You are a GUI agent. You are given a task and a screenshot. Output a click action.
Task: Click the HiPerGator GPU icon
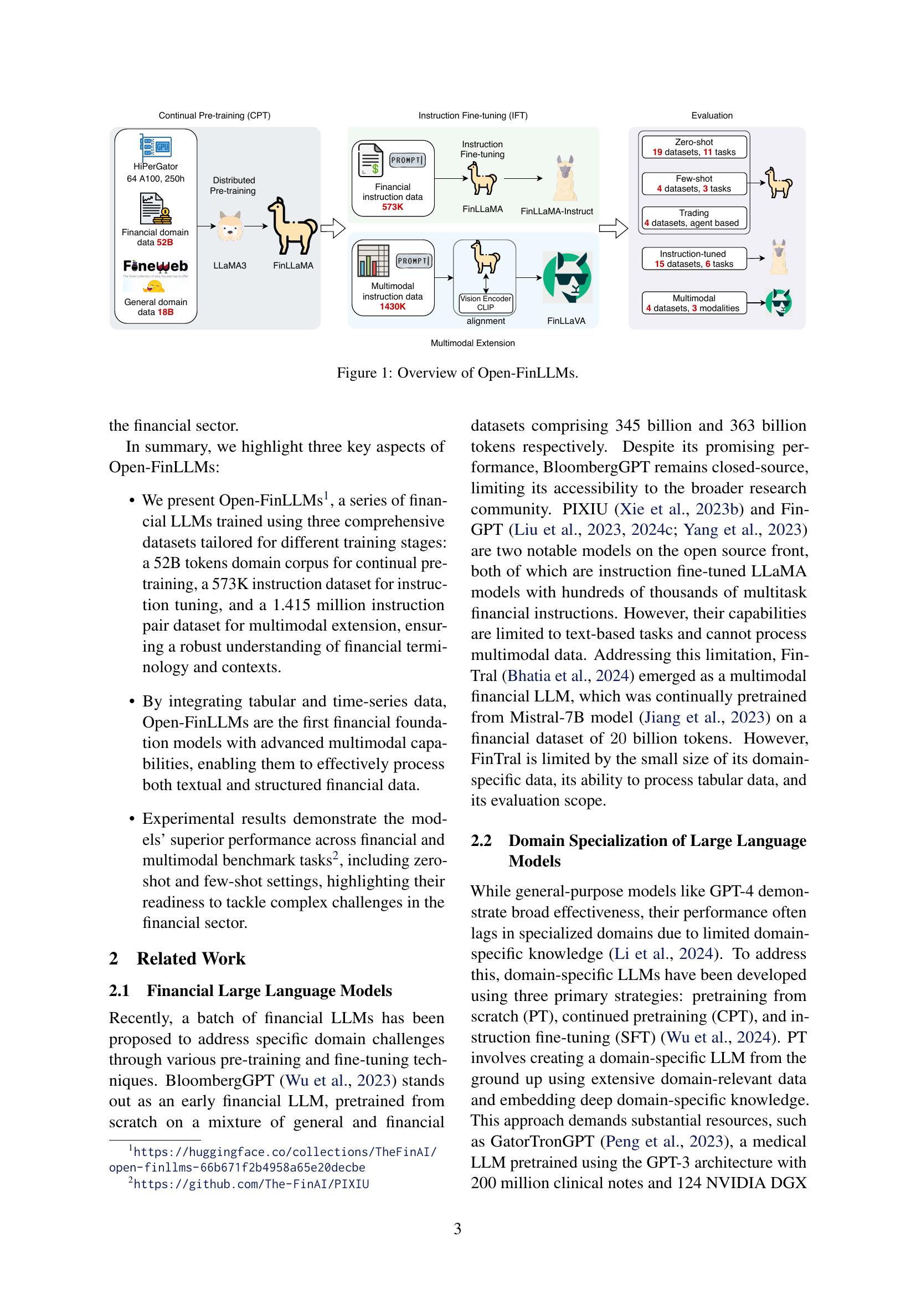tap(156, 147)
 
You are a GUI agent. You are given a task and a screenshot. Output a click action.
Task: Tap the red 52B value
tap(164, 243)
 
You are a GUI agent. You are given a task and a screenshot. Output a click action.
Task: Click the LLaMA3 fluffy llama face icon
tap(230, 228)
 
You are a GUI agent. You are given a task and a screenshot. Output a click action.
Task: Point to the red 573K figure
tap(393, 208)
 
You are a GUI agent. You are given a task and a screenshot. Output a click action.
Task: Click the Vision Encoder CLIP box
tap(485, 303)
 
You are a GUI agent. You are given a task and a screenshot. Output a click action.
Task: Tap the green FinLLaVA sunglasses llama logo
tap(567, 277)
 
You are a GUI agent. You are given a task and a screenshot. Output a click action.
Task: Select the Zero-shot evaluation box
tap(694, 147)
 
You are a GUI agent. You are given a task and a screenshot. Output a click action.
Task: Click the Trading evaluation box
tap(694, 218)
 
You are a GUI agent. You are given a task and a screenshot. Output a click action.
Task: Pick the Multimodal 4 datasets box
tap(694, 303)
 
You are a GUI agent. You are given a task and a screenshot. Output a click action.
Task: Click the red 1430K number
tap(393, 307)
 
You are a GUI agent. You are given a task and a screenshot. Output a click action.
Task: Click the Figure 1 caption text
tap(457, 373)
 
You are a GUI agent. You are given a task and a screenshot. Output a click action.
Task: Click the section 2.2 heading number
tap(481, 840)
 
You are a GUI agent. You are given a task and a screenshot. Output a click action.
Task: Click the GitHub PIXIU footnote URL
tap(251, 1184)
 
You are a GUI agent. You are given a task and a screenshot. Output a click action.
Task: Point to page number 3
tap(457, 1229)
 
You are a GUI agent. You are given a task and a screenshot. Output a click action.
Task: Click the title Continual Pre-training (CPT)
tap(214, 116)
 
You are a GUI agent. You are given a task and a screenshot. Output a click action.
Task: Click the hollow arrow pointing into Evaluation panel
tap(613, 229)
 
